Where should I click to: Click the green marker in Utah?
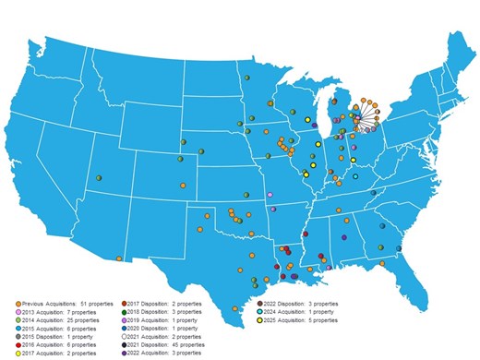click(x=99, y=177)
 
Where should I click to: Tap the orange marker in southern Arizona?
click(x=119, y=258)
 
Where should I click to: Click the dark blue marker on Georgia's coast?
click(x=399, y=247)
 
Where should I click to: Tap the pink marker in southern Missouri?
click(x=270, y=195)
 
